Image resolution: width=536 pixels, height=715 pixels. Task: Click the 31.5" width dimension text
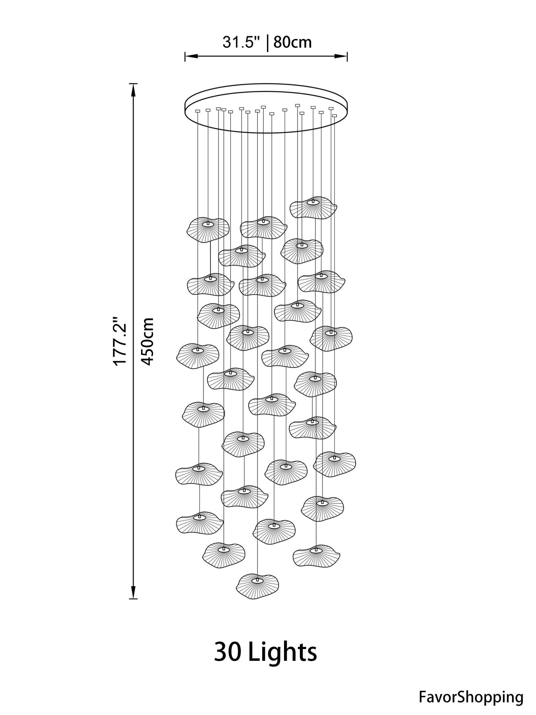[241, 43]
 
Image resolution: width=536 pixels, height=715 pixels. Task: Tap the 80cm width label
[293, 43]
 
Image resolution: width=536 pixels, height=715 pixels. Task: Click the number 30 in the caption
[228, 652]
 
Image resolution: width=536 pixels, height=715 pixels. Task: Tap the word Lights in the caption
[283, 652]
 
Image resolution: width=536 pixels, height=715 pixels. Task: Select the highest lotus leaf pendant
[313, 207]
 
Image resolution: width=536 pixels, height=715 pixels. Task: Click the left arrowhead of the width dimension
[191, 56]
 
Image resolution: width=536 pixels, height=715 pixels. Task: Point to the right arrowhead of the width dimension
[341, 56]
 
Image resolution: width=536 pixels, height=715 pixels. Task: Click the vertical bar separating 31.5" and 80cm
[267, 43]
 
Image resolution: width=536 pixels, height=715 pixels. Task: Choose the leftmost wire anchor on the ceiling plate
[198, 111]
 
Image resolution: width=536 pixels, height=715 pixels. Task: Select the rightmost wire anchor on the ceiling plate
[334, 115]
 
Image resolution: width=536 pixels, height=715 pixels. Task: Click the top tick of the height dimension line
[133, 84]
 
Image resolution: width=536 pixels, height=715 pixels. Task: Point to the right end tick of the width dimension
[347, 56]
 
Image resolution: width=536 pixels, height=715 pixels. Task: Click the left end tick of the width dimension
[185, 56]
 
